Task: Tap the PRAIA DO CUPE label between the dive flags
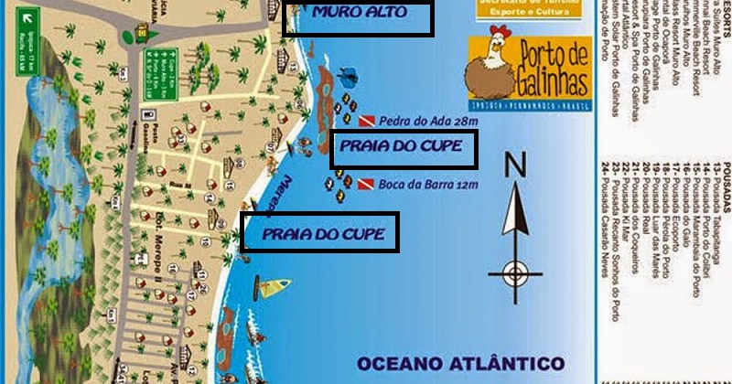(404, 147)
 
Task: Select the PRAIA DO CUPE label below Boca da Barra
(318, 233)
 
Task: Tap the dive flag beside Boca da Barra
(365, 185)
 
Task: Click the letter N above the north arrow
(515, 165)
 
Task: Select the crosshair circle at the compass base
(516, 271)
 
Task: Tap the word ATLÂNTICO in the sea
(512, 362)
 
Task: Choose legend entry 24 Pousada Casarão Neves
(606, 237)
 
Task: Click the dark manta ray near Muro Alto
(347, 72)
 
